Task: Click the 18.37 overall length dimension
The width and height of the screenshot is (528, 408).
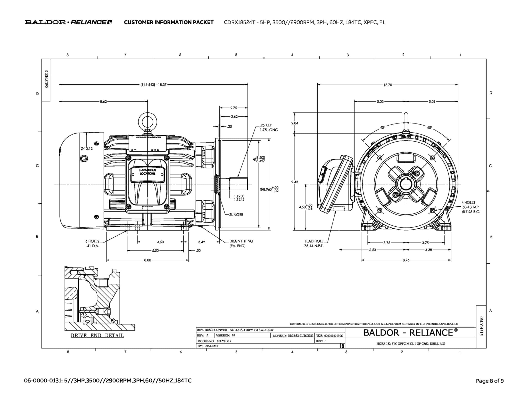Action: point(154,84)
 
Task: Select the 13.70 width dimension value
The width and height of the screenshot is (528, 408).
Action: point(387,85)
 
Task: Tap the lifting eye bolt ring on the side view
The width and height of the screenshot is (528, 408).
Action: point(147,121)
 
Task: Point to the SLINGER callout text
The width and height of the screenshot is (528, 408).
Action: point(236,215)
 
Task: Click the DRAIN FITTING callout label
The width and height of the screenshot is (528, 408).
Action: point(241,243)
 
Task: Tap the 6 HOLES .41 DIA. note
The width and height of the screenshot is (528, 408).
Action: point(92,243)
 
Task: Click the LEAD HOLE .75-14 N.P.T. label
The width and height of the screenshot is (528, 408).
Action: point(313,243)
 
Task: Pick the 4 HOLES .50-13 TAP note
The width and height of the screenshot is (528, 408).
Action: point(471,207)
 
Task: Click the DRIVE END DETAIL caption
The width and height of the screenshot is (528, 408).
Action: point(97,336)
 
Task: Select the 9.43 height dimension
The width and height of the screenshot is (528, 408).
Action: point(294,182)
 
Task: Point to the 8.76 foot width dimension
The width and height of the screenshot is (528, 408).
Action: point(406,260)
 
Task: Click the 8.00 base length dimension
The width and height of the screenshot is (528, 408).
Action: point(147,260)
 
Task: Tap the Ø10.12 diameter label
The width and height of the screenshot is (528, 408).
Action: point(86,149)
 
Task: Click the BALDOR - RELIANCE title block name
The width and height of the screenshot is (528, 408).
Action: point(410,333)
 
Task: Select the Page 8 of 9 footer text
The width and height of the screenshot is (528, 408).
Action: point(490,381)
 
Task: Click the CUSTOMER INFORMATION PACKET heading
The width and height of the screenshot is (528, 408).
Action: point(169,22)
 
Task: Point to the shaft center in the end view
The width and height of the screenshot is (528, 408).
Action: point(406,184)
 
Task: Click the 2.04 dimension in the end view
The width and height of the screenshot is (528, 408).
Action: point(294,123)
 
